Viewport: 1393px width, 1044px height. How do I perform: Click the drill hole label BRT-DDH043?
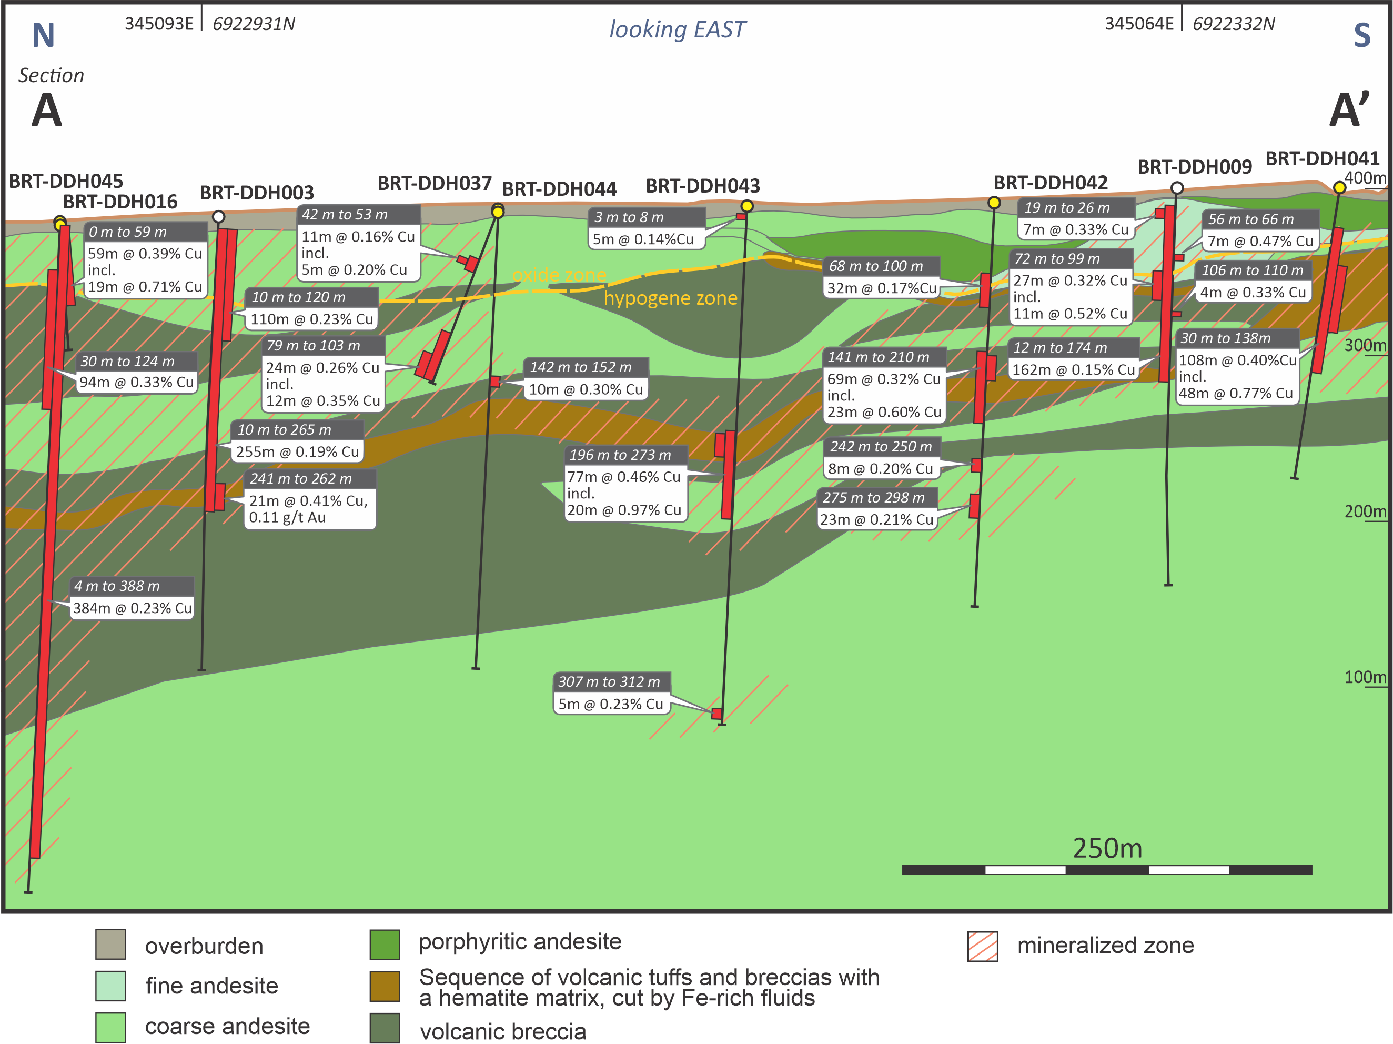click(703, 186)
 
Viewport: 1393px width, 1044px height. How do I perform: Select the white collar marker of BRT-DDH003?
click(218, 217)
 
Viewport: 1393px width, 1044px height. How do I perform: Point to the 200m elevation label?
click(1365, 511)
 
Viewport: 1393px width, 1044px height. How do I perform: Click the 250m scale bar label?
click(1107, 848)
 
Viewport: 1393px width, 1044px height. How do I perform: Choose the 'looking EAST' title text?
click(677, 29)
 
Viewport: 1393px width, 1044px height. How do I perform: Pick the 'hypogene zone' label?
click(670, 298)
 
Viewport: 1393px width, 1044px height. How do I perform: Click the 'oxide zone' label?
click(559, 275)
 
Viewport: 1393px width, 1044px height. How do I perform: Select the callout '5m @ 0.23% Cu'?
click(611, 704)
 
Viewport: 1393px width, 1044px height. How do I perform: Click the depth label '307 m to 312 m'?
click(610, 682)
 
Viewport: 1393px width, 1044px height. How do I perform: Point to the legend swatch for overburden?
click(110, 944)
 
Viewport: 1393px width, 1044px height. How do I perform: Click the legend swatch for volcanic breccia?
click(385, 1028)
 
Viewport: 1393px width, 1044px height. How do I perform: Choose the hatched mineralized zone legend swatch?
click(982, 946)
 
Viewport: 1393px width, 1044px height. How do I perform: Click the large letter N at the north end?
click(44, 35)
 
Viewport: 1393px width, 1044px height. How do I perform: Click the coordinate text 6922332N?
click(1233, 24)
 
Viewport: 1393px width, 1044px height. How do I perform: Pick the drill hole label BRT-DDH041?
click(1322, 158)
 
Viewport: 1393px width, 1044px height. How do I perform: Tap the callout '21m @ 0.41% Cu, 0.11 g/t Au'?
click(309, 509)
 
